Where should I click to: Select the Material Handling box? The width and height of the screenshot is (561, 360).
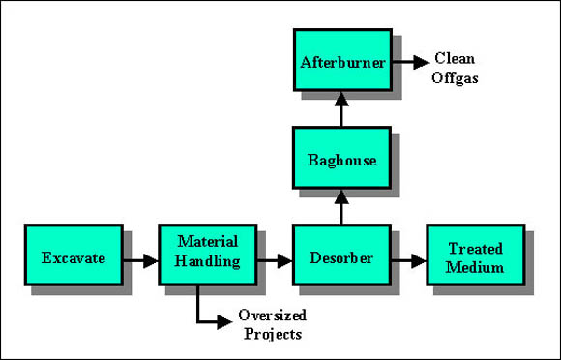(x=207, y=255)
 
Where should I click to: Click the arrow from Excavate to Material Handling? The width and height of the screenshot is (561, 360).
(x=141, y=260)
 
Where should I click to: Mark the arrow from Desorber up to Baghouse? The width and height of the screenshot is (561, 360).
(x=340, y=206)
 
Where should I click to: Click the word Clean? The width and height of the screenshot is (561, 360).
(x=454, y=57)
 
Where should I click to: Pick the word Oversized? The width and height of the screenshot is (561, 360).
(x=273, y=317)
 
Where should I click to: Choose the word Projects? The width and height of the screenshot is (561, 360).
(x=273, y=335)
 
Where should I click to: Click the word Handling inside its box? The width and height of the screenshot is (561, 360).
(x=207, y=262)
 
